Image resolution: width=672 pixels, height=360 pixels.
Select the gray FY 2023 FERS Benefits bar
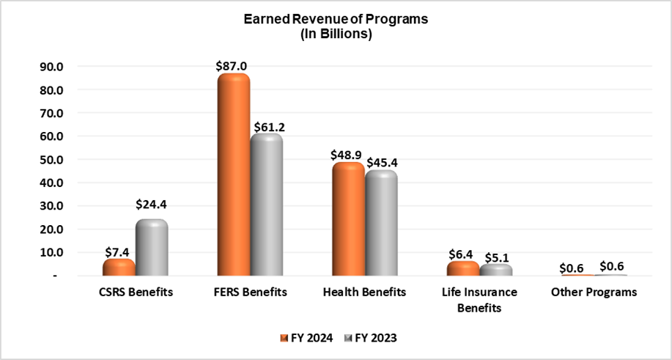click(266, 205)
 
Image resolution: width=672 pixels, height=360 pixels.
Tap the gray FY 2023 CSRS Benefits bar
click(151, 247)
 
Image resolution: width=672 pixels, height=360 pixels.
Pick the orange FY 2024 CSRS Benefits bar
click(119, 267)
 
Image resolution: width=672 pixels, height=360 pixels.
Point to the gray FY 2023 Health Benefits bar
click(381, 223)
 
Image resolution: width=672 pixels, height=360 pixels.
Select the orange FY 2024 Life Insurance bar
click(463, 268)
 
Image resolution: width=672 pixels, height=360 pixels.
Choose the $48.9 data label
click(347, 154)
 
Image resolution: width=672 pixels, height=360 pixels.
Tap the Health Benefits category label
click(364, 293)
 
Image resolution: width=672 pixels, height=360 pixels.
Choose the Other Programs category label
click(594, 293)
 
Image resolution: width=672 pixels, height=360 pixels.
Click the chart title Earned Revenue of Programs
click(336, 20)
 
